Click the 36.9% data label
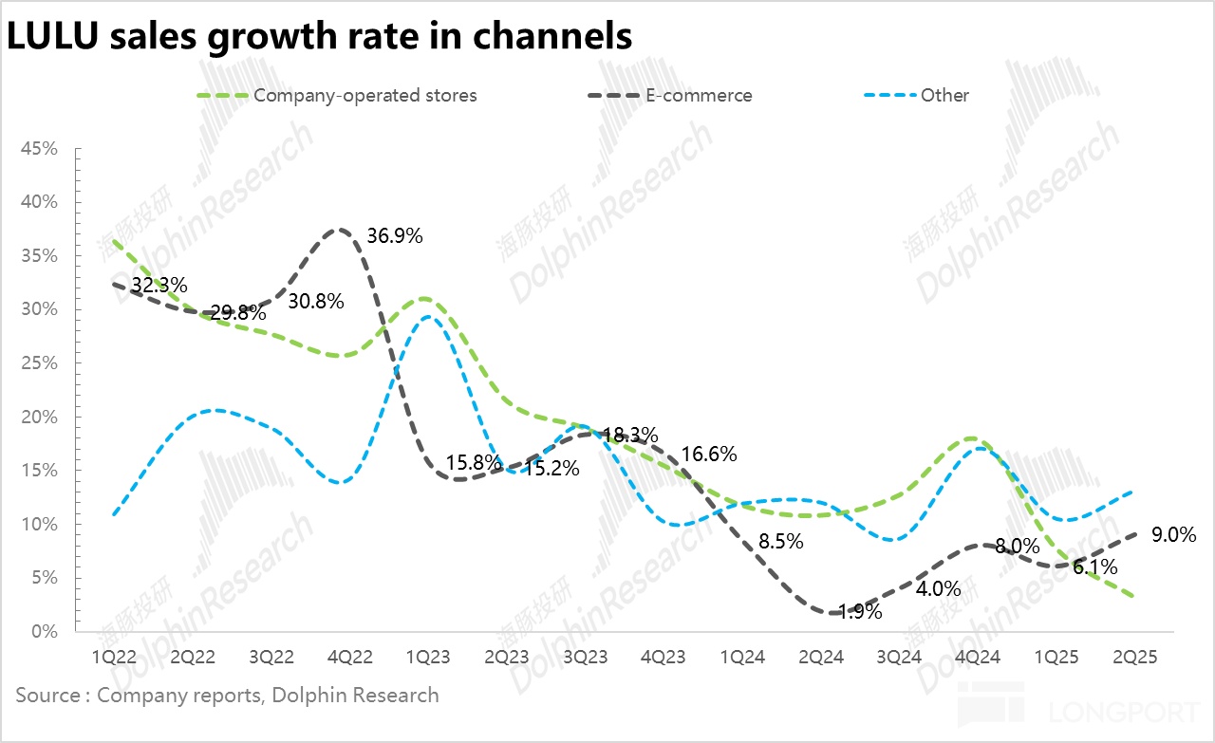click(394, 235)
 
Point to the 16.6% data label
click(707, 454)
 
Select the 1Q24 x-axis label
click(744, 657)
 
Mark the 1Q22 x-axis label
click(113, 657)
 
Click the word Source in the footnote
click(48, 695)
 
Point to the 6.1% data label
click(1093, 567)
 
